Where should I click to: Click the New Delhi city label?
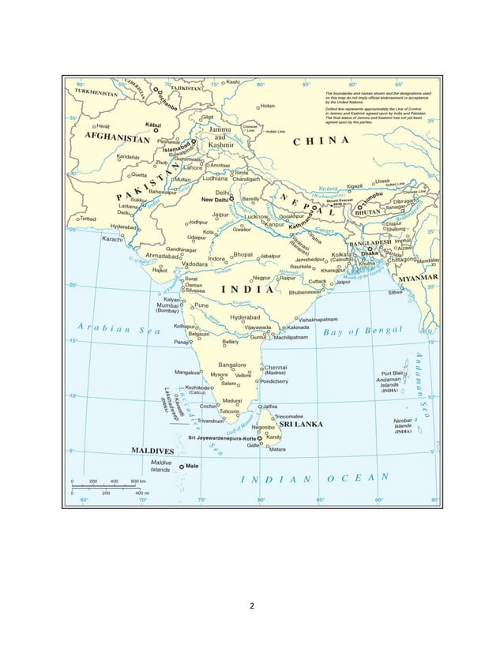pos(215,200)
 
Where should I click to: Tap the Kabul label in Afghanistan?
pos(154,125)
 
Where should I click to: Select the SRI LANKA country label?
pos(299,425)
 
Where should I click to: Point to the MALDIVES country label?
pos(152,451)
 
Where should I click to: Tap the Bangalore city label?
pos(232,365)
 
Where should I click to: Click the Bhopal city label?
pos(243,255)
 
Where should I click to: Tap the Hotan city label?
pos(267,106)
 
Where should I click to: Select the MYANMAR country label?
pos(419,278)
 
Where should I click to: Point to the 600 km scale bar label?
pos(137,481)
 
